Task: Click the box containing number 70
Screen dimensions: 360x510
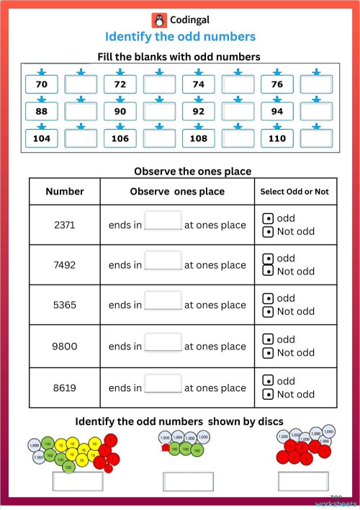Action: click(x=42, y=84)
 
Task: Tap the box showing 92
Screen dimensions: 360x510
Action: click(x=199, y=112)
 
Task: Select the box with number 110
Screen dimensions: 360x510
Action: click(x=277, y=138)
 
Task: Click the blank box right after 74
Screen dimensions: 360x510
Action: click(x=238, y=84)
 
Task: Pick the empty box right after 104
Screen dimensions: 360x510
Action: click(x=81, y=138)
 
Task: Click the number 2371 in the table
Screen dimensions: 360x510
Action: click(x=64, y=225)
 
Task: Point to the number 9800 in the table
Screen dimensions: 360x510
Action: click(x=64, y=346)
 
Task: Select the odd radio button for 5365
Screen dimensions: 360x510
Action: click(x=268, y=298)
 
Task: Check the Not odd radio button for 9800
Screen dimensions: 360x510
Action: click(x=268, y=353)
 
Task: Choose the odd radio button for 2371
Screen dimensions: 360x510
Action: click(x=268, y=218)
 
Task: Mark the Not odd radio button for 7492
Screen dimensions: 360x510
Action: click(x=268, y=272)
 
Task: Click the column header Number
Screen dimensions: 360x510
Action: click(x=64, y=192)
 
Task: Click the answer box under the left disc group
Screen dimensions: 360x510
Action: click(x=76, y=480)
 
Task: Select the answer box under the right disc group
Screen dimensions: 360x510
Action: click(x=303, y=480)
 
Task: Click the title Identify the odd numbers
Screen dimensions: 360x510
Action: click(x=180, y=37)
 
